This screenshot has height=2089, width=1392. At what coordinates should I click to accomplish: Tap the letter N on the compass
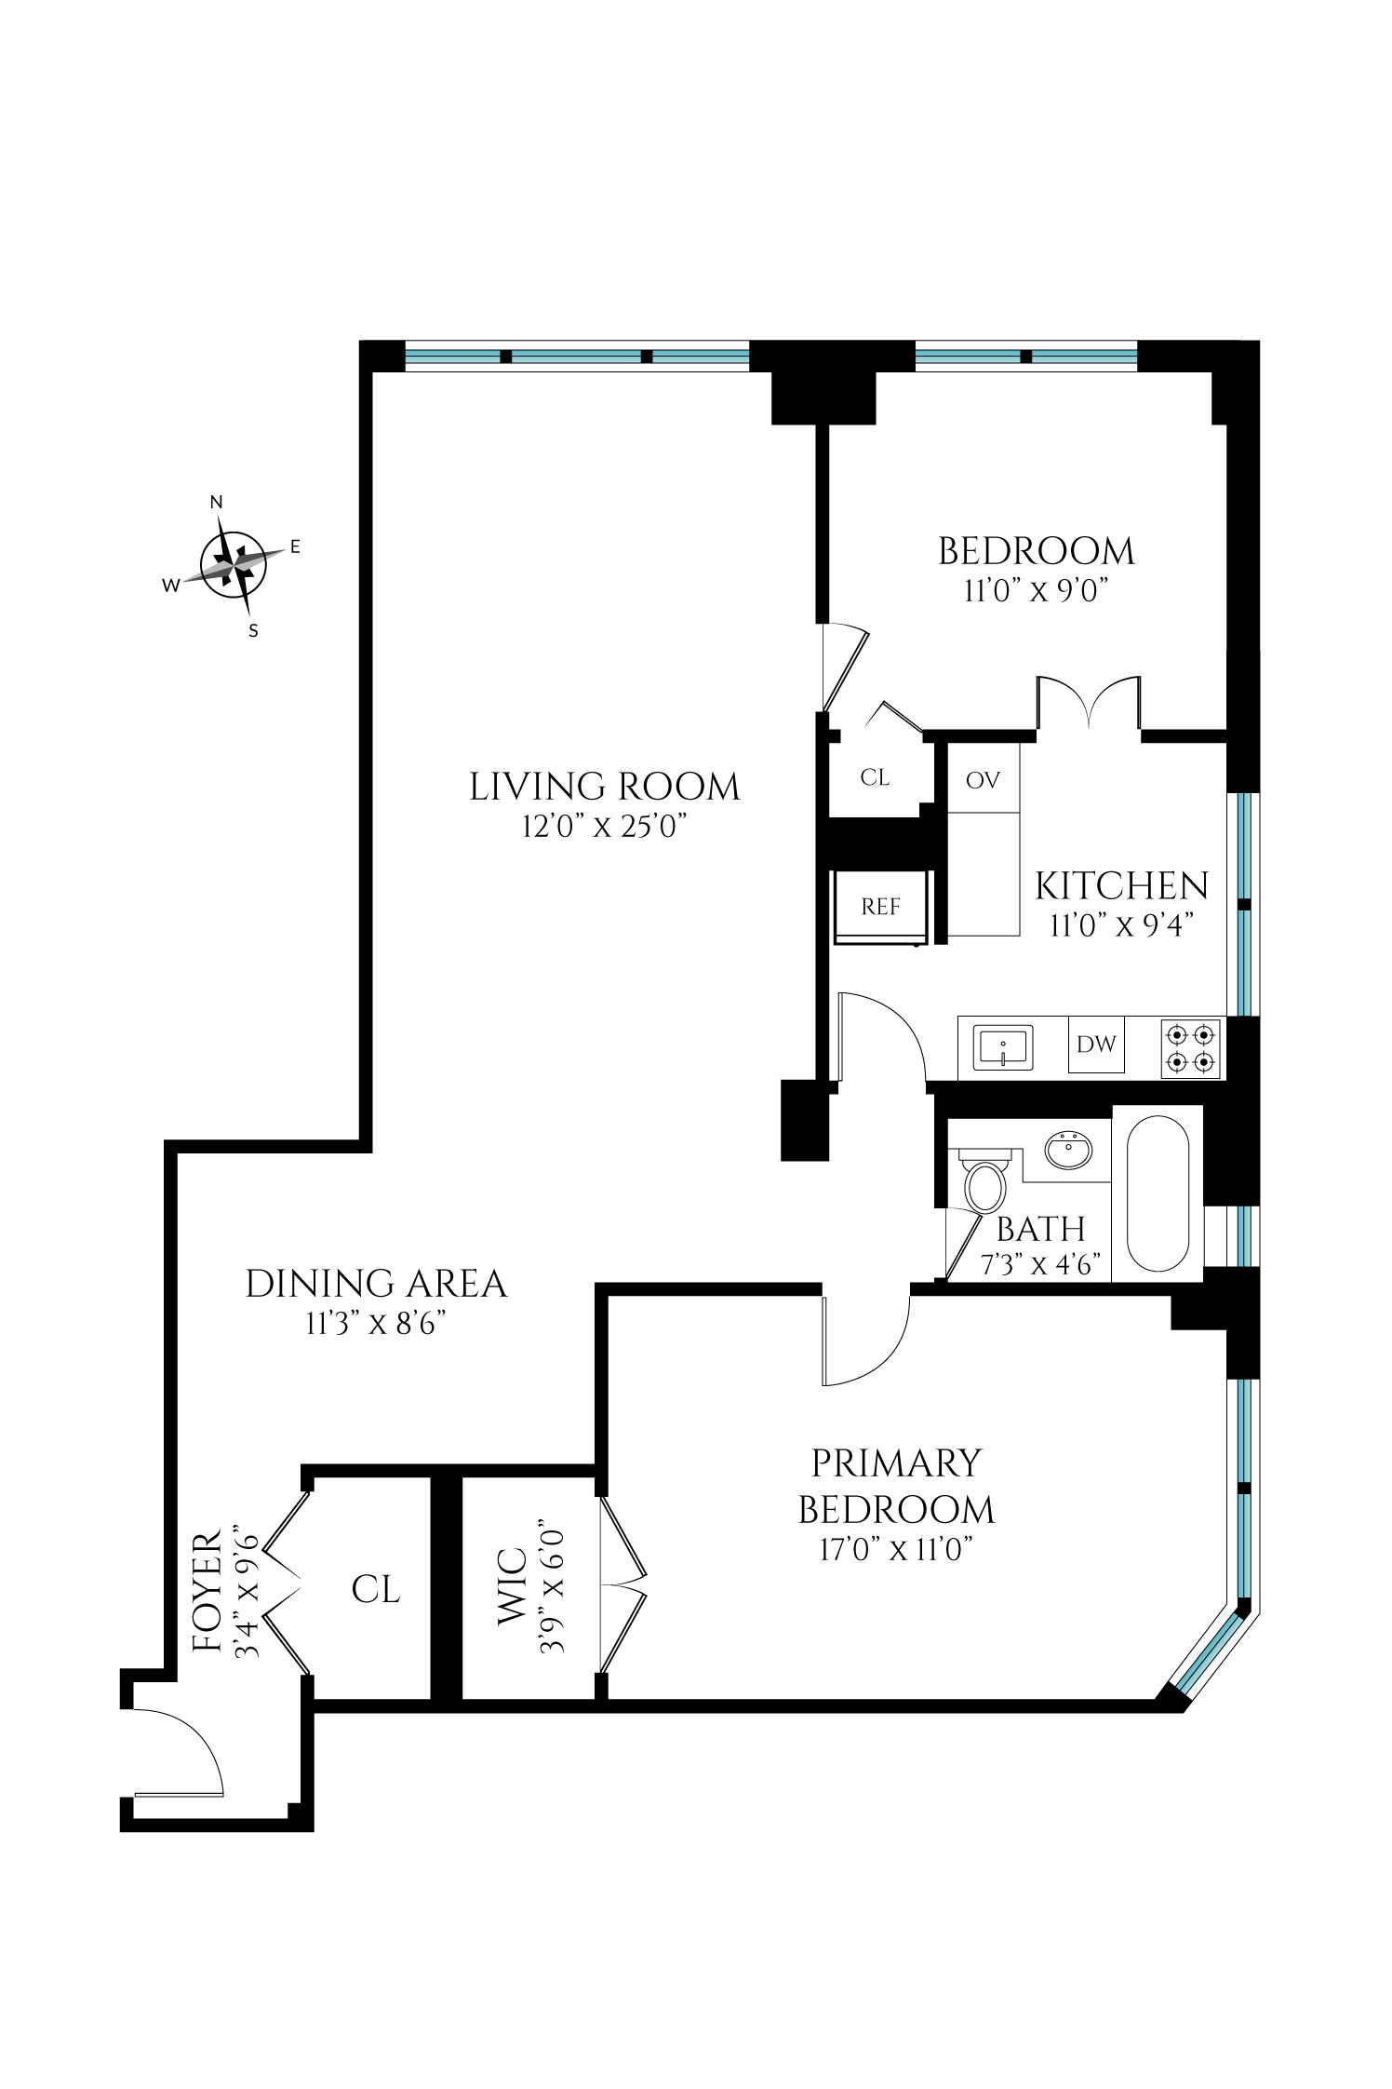[217, 503]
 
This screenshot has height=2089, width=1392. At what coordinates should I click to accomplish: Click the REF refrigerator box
[880, 907]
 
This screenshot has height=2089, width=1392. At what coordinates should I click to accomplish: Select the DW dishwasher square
[1096, 1044]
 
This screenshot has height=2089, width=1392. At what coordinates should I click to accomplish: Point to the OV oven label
[983, 780]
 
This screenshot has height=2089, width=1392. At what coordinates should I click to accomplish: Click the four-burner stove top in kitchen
[1191, 1048]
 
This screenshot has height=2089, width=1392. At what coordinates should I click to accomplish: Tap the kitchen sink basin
[1003, 1047]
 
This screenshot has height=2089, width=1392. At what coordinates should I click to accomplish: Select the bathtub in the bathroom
[1158, 1193]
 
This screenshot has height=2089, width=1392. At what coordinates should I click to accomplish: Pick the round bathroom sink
[1068, 1151]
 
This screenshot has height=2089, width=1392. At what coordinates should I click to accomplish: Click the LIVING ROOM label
[604, 788]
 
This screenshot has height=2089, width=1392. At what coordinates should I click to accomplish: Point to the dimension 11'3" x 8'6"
[376, 1324]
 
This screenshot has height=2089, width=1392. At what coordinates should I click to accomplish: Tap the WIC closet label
[514, 1599]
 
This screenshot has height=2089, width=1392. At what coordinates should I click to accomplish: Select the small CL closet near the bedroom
[875, 777]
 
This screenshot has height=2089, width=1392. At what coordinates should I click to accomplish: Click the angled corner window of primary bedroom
[1208, 1651]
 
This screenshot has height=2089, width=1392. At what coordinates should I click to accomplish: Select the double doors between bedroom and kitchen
[1089, 705]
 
